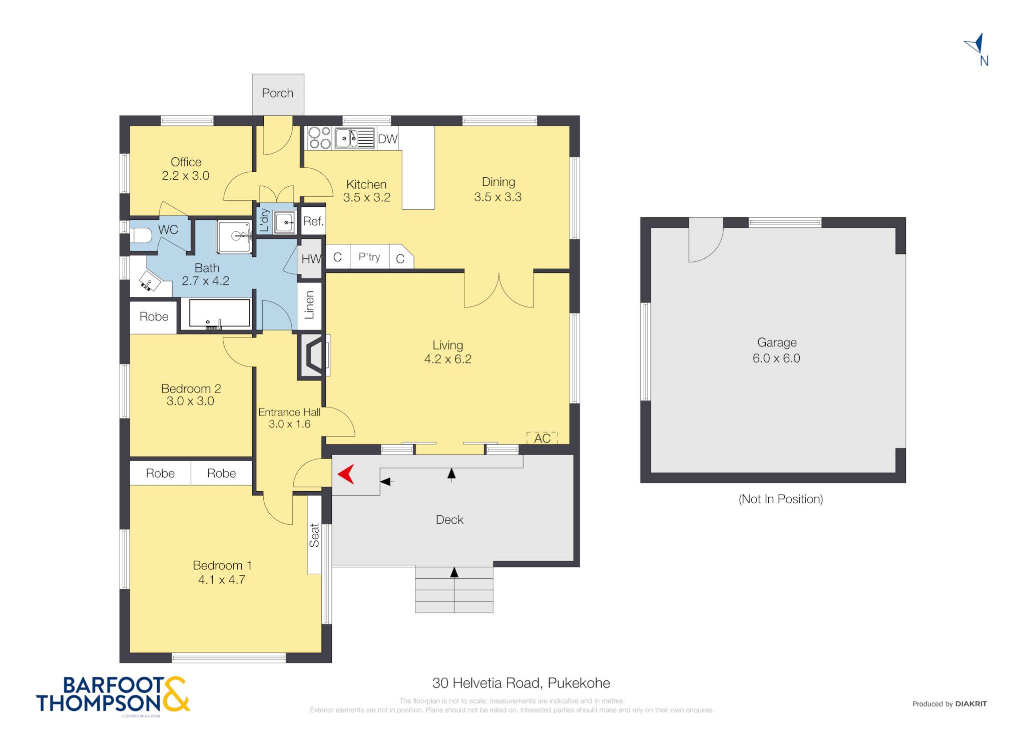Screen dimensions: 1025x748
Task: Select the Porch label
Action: click(x=278, y=93)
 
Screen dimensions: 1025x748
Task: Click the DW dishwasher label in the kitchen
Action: click(x=387, y=139)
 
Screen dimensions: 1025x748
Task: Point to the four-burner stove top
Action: click(x=319, y=138)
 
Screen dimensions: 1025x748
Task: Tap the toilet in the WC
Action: click(x=141, y=236)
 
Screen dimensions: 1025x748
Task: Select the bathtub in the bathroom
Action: click(x=220, y=314)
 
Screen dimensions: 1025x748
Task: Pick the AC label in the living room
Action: click(x=542, y=439)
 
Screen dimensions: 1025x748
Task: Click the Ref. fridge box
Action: click(x=313, y=221)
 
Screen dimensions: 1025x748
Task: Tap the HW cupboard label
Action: click(x=311, y=259)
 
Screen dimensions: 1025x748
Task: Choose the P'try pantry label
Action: click(x=369, y=257)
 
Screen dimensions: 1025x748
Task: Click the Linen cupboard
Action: click(x=309, y=305)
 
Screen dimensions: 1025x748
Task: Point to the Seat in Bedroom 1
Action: click(x=314, y=535)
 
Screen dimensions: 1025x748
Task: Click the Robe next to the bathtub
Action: click(x=154, y=317)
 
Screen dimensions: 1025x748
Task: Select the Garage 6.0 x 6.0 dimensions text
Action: click(x=776, y=358)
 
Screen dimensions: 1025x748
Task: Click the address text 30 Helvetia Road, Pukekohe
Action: click(x=521, y=683)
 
